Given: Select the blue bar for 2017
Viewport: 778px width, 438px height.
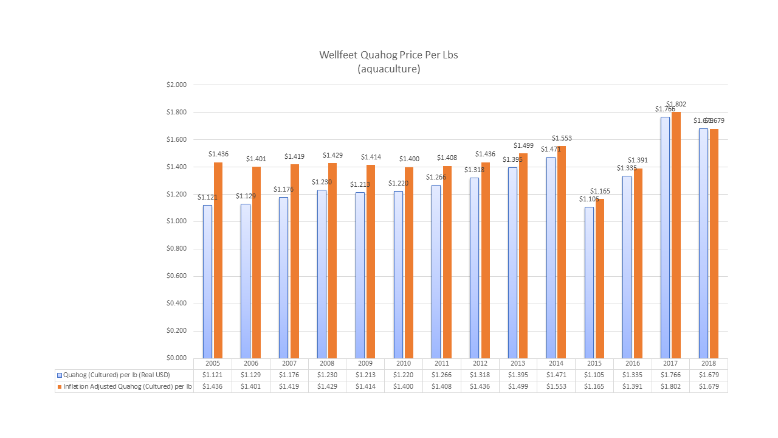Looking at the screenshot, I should [x=665, y=237].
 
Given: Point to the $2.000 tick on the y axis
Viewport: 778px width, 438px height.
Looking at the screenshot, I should [x=177, y=85].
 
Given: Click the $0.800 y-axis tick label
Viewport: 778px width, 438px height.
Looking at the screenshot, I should [x=177, y=249].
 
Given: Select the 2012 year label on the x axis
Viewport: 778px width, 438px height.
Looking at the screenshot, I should [x=480, y=363].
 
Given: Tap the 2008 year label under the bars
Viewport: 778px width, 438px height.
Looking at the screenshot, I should [x=327, y=363].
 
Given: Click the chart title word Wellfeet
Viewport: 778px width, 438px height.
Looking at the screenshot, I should [x=338, y=55].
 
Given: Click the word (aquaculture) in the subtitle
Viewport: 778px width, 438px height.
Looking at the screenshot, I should [x=389, y=69].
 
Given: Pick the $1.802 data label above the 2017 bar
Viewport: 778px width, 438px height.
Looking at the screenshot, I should [x=676, y=104].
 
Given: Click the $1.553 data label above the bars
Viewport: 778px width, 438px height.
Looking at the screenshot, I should [x=562, y=138].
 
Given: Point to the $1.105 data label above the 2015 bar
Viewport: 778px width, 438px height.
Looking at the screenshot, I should [x=588, y=199].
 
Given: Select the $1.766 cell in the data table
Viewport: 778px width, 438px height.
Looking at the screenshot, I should [x=670, y=375].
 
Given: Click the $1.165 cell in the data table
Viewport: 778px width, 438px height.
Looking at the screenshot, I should [x=594, y=386].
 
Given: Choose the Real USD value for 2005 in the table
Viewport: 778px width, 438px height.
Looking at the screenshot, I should [x=213, y=375].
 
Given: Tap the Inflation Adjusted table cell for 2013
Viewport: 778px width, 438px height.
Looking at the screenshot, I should [x=518, y=386].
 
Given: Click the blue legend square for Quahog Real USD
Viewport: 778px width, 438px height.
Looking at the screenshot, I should [x=60, y=375].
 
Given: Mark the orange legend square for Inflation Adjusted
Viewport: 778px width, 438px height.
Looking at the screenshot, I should [x=60, y=386].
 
